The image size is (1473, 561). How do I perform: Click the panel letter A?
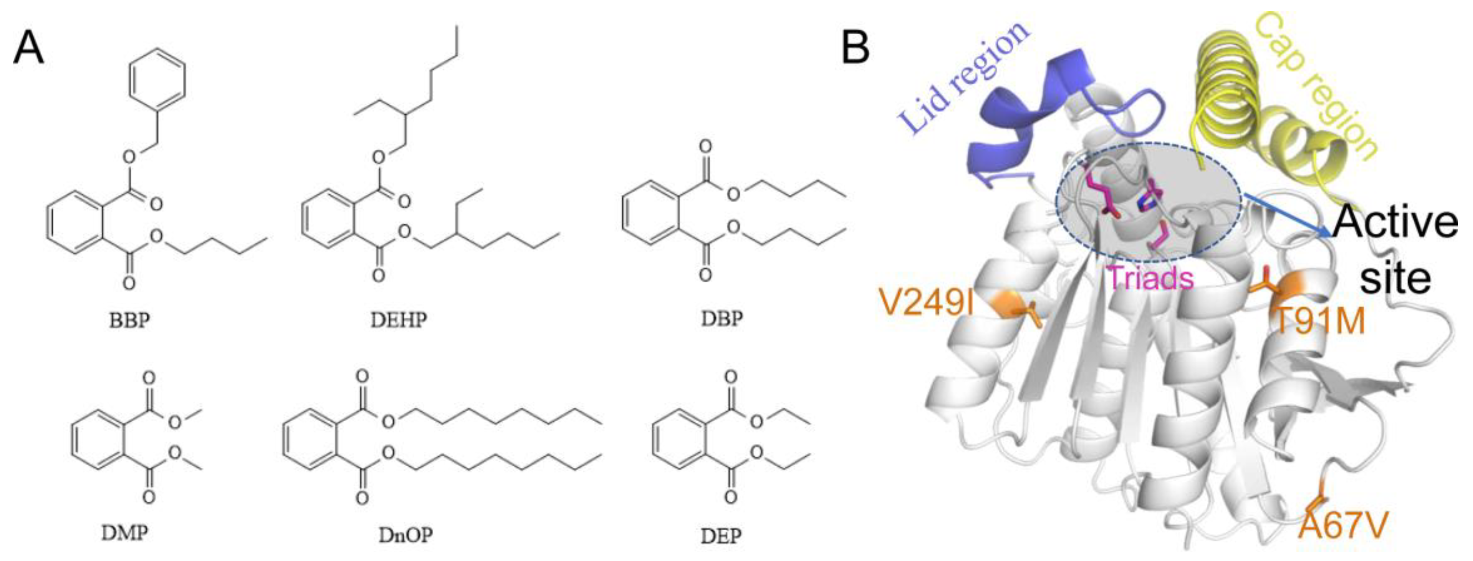coord(28,48)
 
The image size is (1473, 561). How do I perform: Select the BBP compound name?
coord(129,320)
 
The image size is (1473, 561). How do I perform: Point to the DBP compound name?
coord(722,318)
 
